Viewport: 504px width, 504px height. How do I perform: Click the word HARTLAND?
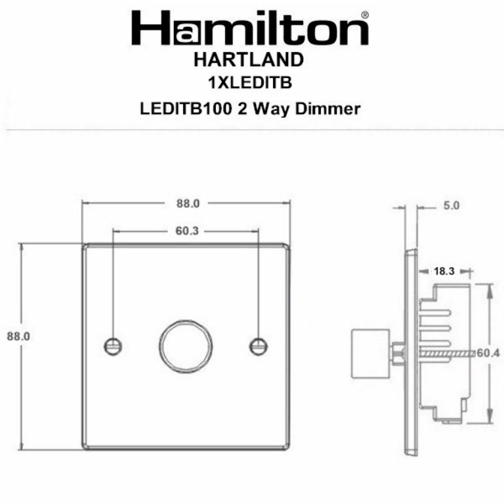tap(249, 60)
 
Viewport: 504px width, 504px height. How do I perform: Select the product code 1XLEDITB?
tap(249, 84)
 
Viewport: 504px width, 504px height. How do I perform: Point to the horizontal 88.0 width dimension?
tap(187, 204)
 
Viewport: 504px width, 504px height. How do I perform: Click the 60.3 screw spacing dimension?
tap(187, 231)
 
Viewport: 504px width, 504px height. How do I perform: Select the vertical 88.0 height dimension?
tap(20, 335)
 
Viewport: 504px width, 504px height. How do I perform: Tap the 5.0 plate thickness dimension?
tap(451, 205)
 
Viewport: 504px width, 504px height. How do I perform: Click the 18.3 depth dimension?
tap(444, 270)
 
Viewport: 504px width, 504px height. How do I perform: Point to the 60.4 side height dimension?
tap(488, 353)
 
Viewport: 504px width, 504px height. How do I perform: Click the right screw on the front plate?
tap(259, 345)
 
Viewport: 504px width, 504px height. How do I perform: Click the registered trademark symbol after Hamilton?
tap(365, 14)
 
